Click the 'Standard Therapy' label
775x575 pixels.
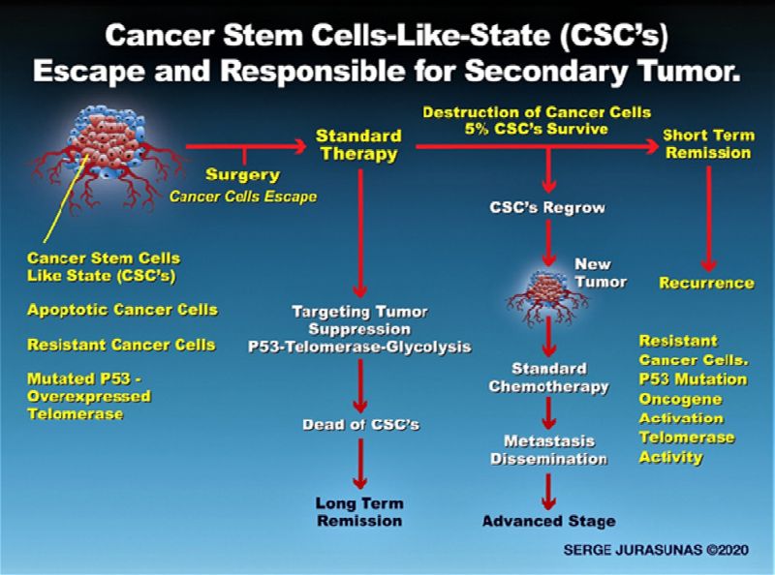point(358,145)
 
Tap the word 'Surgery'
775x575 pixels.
point(243,175)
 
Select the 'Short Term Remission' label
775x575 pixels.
point(708,143)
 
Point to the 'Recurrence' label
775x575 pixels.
point(707,283)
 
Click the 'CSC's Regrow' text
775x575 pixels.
point(547,207)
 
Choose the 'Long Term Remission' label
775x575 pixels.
point(359,512)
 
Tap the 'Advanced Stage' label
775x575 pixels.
point(549,521)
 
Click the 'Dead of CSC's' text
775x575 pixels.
point(360,424)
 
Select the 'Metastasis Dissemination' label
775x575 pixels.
point(548,449)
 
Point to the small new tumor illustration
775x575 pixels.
point(546,295)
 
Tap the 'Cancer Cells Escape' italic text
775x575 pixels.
point(243,197)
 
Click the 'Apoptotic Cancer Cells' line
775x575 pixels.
point(123,309)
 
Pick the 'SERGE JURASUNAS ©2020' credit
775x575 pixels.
point(656,549)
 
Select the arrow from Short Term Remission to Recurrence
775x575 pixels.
point(709,218)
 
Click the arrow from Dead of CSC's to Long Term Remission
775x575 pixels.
point(360,464)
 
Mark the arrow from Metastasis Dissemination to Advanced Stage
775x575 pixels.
point(548,492)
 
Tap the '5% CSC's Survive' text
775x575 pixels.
point(537,129)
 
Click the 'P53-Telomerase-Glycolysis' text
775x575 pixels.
point(359,347)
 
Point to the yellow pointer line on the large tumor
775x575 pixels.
point(66,198)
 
